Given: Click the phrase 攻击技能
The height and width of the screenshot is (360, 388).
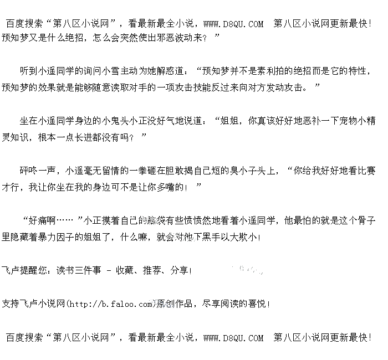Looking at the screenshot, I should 198,88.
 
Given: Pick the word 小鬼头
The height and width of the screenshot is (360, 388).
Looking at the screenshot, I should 114,121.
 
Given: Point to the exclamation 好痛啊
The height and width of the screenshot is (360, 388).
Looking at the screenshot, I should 39,220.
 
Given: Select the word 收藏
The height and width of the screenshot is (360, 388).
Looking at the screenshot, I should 124,270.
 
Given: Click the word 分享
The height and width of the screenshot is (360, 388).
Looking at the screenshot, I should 178,270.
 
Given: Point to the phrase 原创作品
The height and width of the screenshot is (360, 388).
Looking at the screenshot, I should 175,304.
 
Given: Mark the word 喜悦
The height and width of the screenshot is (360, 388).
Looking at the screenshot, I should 256,304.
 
